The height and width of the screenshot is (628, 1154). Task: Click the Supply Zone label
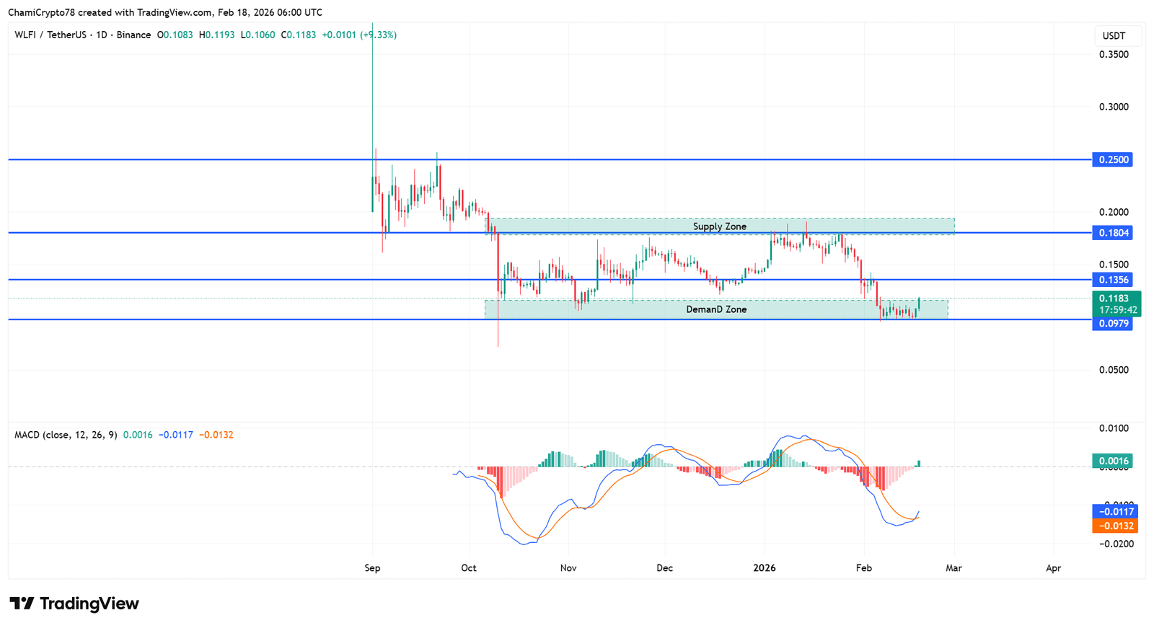(x=719, y=226)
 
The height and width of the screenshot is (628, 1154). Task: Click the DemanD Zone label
(x=715, y=309)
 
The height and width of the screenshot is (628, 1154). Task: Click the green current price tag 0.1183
(x=1115, y=298)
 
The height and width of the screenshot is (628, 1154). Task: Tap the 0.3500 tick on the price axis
(x=1114, y=55)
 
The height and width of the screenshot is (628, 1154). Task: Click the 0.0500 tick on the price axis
(x=1114, y=370)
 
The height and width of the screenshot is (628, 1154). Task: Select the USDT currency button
(x=1114, y=36)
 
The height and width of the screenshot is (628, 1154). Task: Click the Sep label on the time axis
(x=372, y=568)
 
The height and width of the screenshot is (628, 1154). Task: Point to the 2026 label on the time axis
(x=764, y=568)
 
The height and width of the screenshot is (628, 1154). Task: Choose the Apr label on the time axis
(x=1053, y=568)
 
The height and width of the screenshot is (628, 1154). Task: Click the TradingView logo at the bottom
(x=74, y=603)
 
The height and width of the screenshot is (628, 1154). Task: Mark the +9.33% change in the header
(x=379, y=35)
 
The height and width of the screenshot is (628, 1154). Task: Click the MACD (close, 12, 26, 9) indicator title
(x=66, y=435)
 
